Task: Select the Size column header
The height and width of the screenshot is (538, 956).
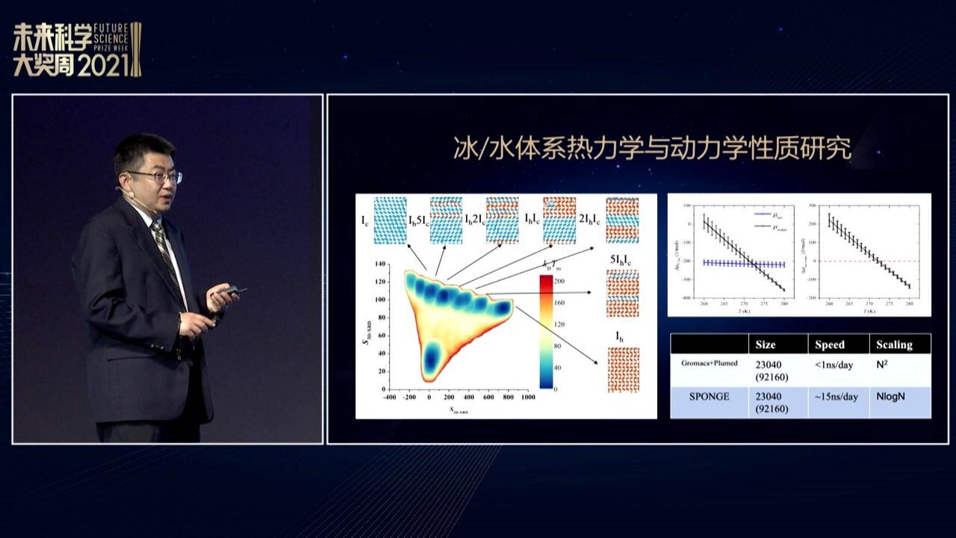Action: pyautogui.click(x=765, y=344)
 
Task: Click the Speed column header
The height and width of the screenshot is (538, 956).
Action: pyautogui.click(x=829, y=344)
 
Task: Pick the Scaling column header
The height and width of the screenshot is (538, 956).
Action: pyautogui.click(x=894, y=344)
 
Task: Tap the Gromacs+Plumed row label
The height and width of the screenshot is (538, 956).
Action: pyautogui.click(x=709, y=363)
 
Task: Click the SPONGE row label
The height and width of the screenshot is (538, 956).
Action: pyautogui.click(x=709, y=396)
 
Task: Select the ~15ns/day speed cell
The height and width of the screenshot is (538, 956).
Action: pyautogui.click(x=836, y=396)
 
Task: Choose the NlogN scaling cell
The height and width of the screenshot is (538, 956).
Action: pyautogui.click(x=890, y=396)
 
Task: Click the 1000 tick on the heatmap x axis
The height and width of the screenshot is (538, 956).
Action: pyautogui.click(x=528, y=398)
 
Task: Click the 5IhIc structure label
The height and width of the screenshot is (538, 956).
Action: pyautogui.click(x=621, y=262)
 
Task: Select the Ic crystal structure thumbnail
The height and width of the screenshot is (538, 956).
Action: pyautogui.click(x=390, y=220)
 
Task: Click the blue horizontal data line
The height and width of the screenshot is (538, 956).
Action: pyautogui.click(x=743, y=264)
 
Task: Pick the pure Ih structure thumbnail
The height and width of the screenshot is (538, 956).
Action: pyautogui.click(x=622, y=370)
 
